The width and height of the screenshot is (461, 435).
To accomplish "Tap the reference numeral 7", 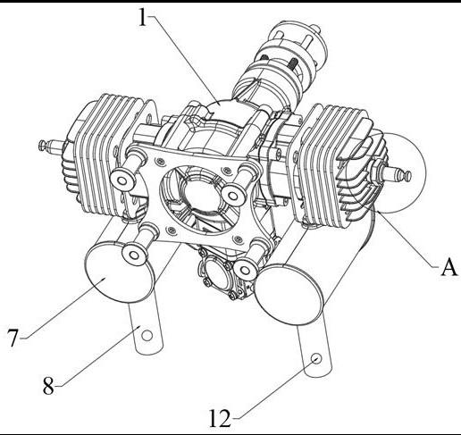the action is [13, 338].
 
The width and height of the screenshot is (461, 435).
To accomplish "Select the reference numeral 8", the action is [48, 386].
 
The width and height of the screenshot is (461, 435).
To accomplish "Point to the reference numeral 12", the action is [220, 418].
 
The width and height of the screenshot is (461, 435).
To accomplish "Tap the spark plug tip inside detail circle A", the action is [407, 175].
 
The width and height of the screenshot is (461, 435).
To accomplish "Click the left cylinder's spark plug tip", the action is [42, 145].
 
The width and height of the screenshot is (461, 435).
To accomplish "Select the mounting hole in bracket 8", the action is [147, 336].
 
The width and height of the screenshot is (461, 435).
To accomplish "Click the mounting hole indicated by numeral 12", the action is [316, 357].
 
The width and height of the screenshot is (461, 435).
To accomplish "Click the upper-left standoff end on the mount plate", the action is [122, 180].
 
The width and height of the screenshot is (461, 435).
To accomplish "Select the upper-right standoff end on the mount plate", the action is [234, 195].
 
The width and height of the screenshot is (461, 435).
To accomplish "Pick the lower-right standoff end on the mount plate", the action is [245, 270].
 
